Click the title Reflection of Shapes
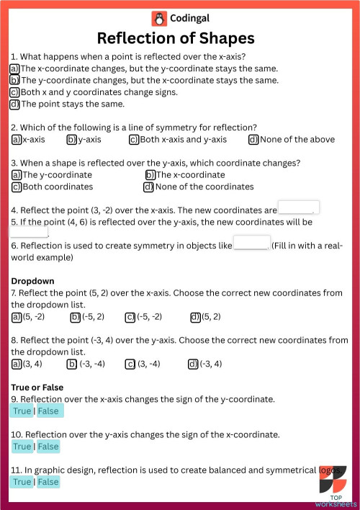coord(176,38)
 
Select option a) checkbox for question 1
coord(14,68)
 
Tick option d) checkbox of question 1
coord(14,104)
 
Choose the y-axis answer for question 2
coord(72,139)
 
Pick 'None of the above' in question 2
coord(253,139)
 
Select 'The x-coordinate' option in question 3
coord(150,175)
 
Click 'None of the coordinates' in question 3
coord(149,187)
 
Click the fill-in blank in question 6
coord(251,244)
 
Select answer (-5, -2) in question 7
coord(130,317)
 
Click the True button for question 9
coord(22,411)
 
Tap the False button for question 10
coord(48,446)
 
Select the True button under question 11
coord(22,481)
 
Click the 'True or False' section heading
coord(37,387)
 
